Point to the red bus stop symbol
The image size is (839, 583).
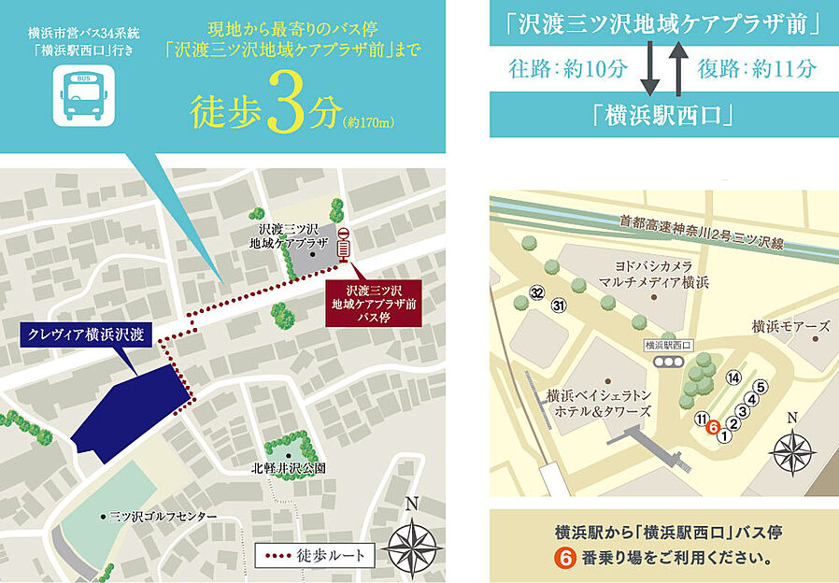343,244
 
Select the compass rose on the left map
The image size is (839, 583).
410,544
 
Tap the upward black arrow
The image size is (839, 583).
677,70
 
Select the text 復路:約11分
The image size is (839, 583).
757,70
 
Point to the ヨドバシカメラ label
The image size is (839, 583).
655,272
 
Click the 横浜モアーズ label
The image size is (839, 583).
790,327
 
